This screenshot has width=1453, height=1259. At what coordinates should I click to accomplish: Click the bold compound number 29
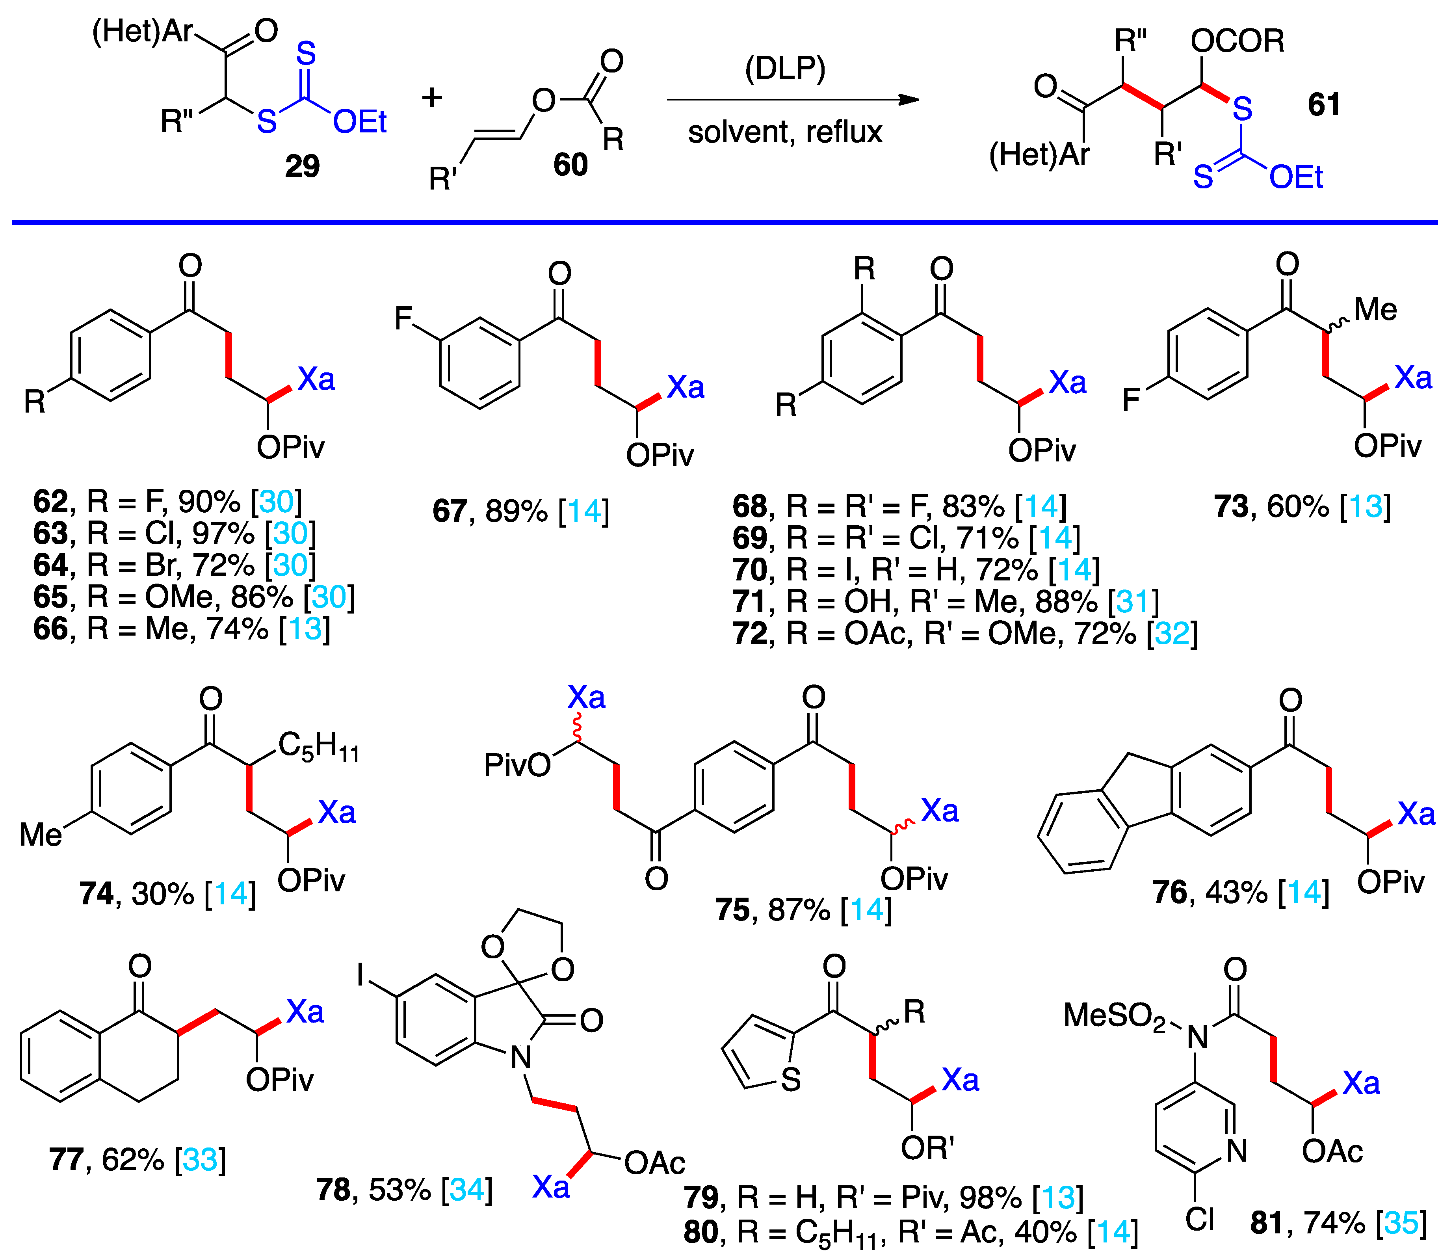(x=302, y=166)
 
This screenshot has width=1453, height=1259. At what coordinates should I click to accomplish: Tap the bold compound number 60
(x=570, y=164)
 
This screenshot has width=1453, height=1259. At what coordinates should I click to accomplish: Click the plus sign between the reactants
(x=432, y=98)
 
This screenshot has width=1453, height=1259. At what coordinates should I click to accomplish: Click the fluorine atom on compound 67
(x=403, y=318)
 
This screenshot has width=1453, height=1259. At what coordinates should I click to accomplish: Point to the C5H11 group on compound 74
(x=318, y=746)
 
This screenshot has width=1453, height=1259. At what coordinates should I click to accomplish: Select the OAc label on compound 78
(x=654, y=1163)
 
